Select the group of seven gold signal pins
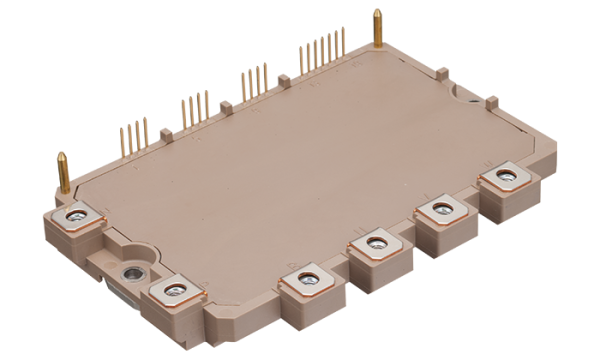322,48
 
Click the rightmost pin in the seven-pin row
343,41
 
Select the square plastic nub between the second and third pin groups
226,103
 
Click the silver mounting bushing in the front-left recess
129,272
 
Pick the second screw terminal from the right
437,210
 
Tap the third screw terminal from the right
374,241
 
